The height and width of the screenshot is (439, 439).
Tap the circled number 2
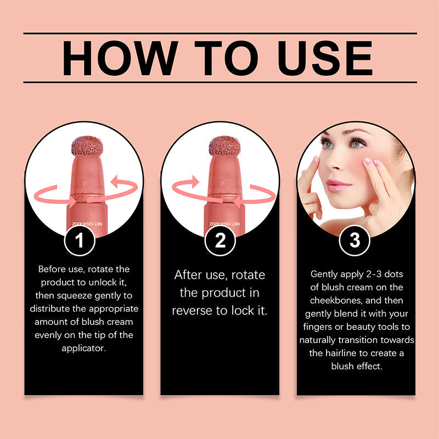point(219,241)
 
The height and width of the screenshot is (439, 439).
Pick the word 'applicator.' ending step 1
point(84,348)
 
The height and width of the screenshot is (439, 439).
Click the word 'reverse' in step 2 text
point(194,310)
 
